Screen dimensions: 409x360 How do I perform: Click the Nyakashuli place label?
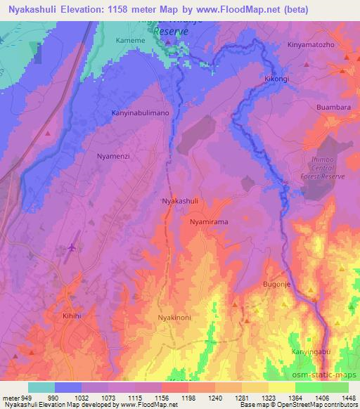coord(180,200)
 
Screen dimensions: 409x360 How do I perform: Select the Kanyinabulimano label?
coord(141,112)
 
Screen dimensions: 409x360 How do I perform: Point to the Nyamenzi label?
coord(113,157)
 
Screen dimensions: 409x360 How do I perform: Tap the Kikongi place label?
coord(276,79)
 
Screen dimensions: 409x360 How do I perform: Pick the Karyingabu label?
coord(309,351)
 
